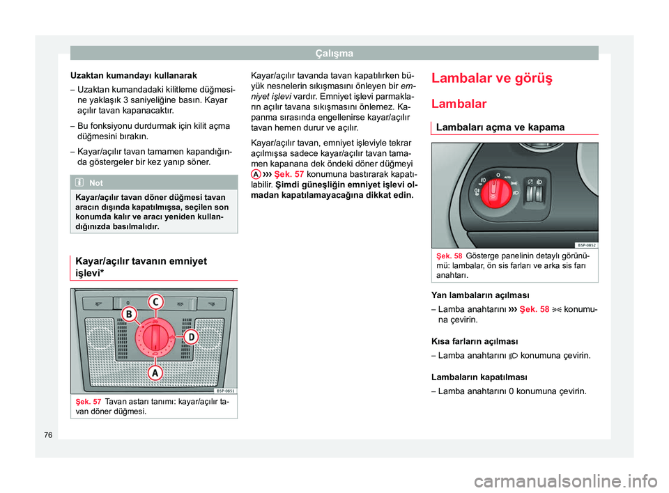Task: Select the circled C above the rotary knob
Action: [155, 302]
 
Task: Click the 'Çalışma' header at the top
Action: [334, 53]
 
